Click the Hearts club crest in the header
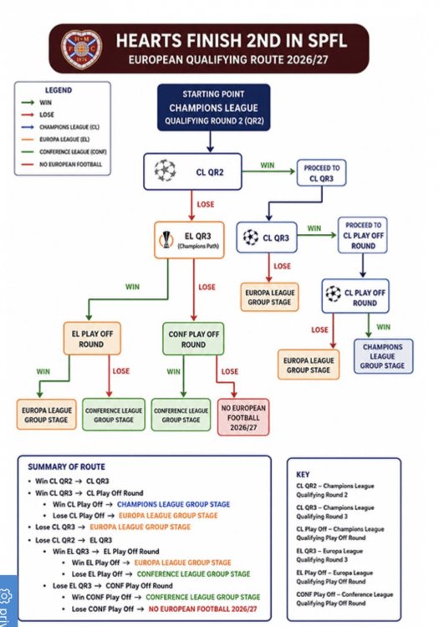pos(82,48)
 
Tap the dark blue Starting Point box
pos(213,107)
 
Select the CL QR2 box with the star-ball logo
pos(192,171)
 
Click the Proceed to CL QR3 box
pos(321,173)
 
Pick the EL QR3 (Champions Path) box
pos(189,240)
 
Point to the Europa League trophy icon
pos(166,240)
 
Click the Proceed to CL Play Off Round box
pos(363,235)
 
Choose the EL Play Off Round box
pos(92,339)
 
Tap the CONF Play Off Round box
pos(193,339)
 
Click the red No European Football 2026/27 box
pos(243,417)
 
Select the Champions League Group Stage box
pos(383,356)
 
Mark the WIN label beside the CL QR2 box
pos(268,166)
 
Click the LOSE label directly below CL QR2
pos(206,204)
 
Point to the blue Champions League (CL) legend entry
pos(60,127)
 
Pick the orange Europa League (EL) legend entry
pos(55,140)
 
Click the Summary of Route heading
pos(66,466)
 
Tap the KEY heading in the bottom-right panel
pos(303,474)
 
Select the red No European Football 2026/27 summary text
pos(202,609)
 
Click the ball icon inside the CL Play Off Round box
pos(333,294)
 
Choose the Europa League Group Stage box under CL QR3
pos(269,297)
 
